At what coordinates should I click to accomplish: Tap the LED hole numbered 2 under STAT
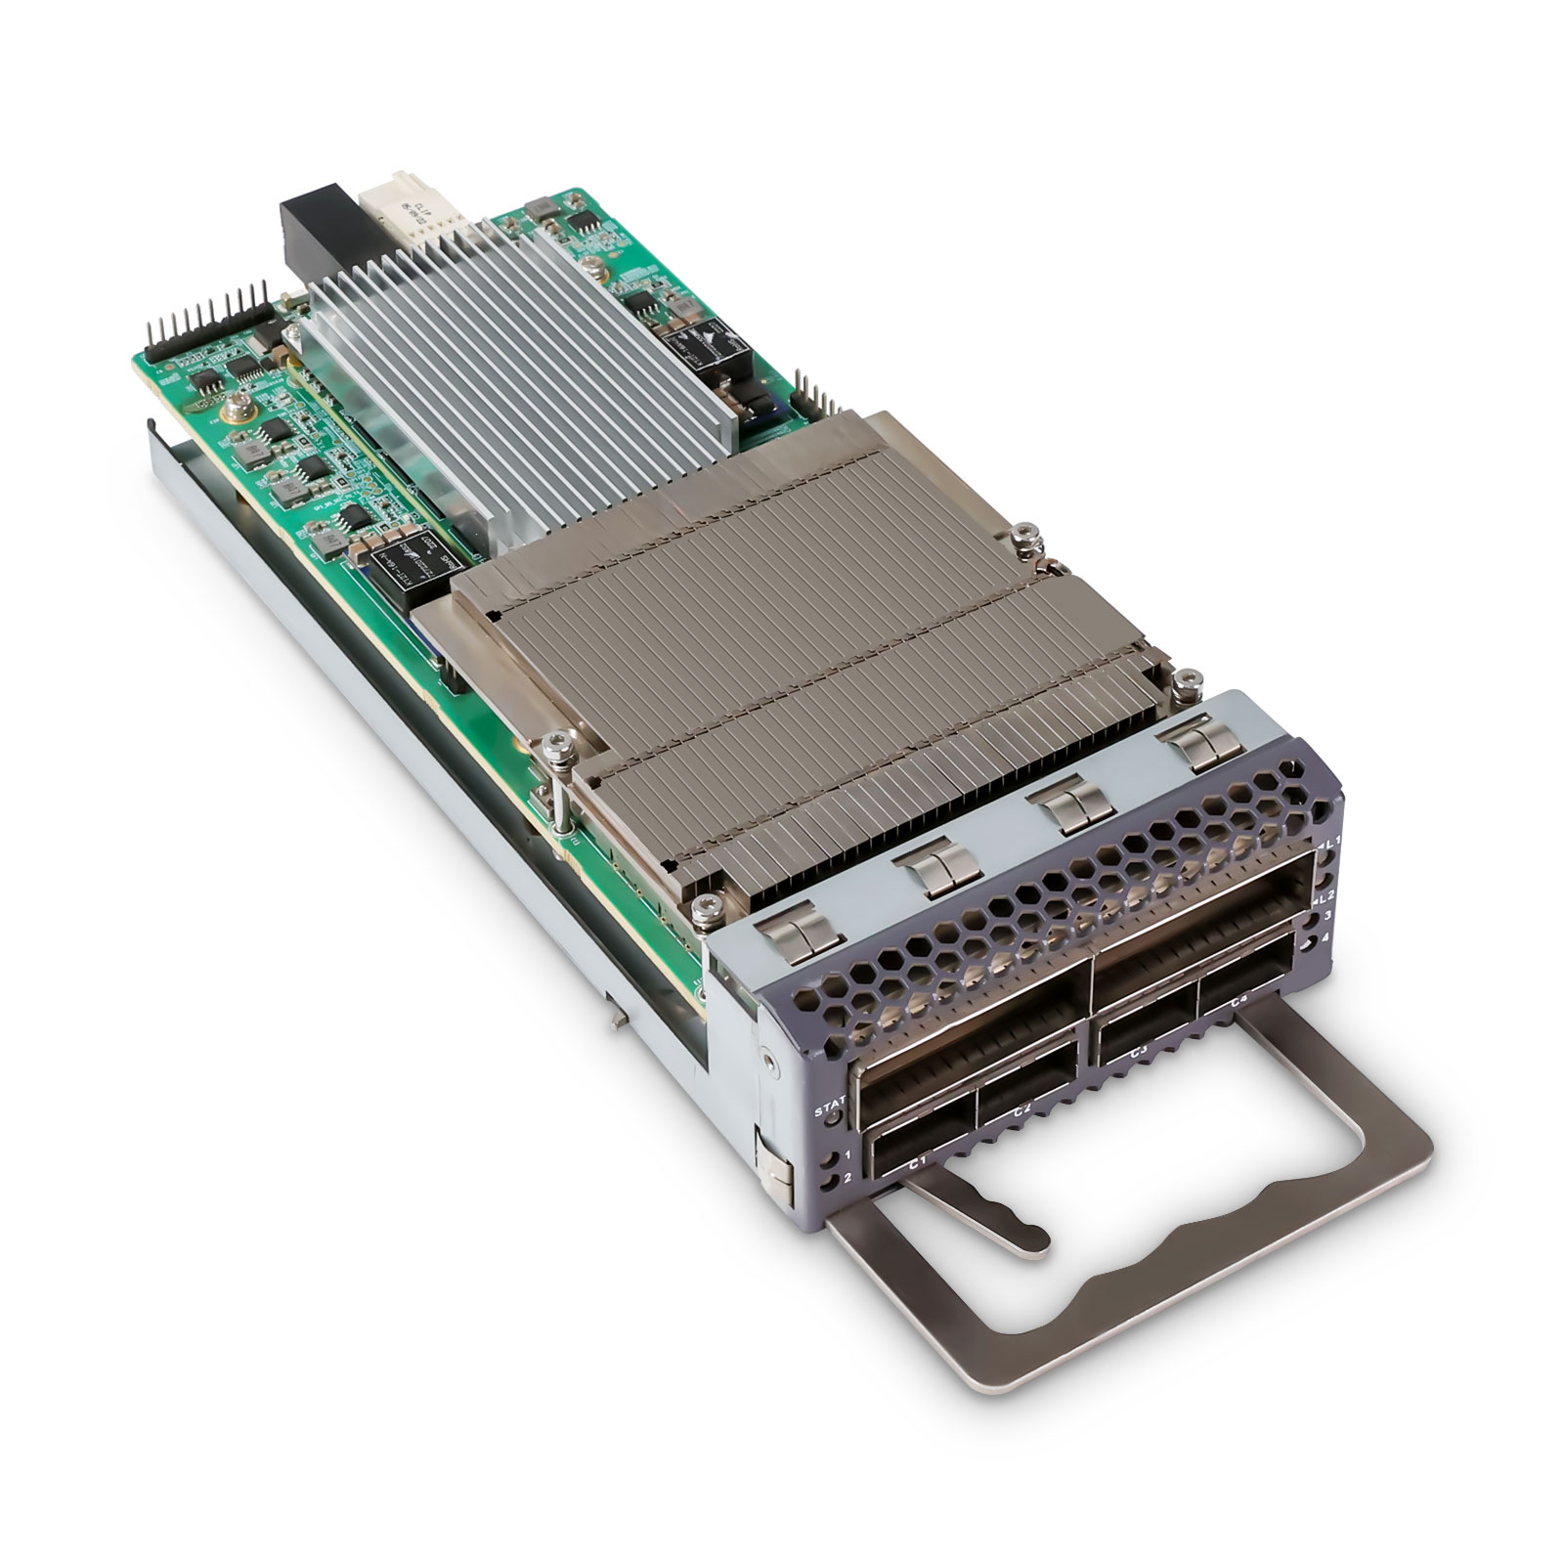(x=832, y=1184)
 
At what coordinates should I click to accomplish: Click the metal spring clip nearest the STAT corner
(x=801, y=929)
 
